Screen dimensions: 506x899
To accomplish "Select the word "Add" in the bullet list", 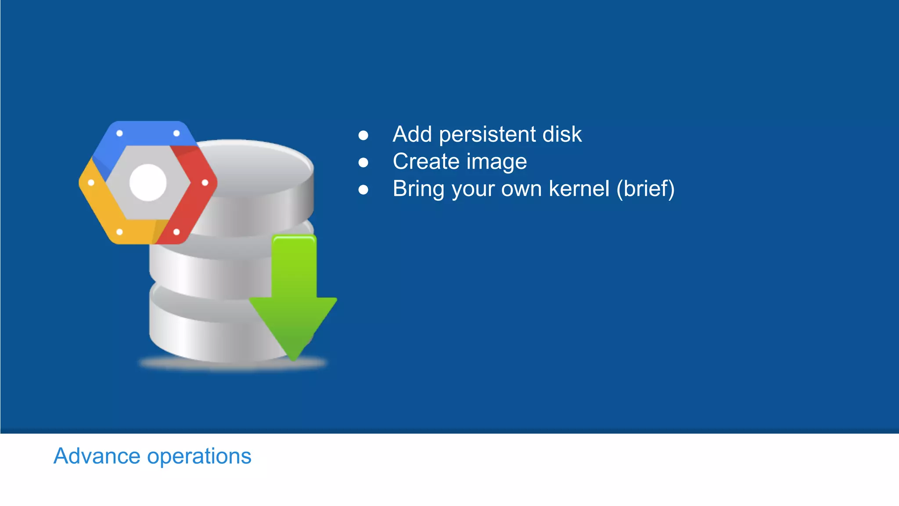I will click(412, 134).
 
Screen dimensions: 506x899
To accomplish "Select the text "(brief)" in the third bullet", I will click(645, 189).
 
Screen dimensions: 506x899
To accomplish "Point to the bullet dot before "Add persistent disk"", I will click(363, 135).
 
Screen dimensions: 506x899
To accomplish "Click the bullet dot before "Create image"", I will click(363, 163).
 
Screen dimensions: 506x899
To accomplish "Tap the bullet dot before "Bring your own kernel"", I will click(363, 190).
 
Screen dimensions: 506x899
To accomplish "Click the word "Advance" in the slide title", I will click(97, 456).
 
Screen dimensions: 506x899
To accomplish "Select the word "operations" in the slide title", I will click(199, 457).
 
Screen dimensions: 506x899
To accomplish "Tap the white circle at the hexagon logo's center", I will click(148, 183).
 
